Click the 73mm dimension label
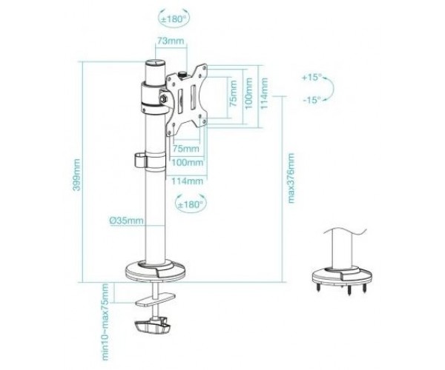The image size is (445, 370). pyautogui.click(x=171, y=41)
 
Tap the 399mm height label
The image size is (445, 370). pyautogui.click(x=76, y=175)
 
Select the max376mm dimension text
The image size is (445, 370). pyautogui.click(x=291, y=178)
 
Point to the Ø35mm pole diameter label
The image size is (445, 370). pyautogui.click(x=127, y=221)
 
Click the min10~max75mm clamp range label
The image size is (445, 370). pyautogui.click(x=105, y=322)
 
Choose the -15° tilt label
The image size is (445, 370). pyautogui.click(x=311, y=100)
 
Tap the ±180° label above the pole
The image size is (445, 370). pyautogui.click(x=174, y=19)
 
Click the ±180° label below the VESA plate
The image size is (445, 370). pyautogui.click(x=191, y=204)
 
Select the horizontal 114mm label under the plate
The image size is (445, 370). pyautogui.click(x=188, y=181)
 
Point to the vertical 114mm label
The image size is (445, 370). pyautogui.click(x=264, y=93)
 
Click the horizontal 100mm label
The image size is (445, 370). pyautogui.click(x=188, y=163)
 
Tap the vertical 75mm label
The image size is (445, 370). pyautogui.click(x=233, y=93)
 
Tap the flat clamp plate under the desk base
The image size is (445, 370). pyautogui.click(x=156, y=300)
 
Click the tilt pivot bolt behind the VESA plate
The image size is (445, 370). pyautogui.click(x=163, y=99)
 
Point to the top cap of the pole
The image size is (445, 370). pyautogui.click(x=156, y=62)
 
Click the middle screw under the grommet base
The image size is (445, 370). pyautogui.click(x=349, y=290)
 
